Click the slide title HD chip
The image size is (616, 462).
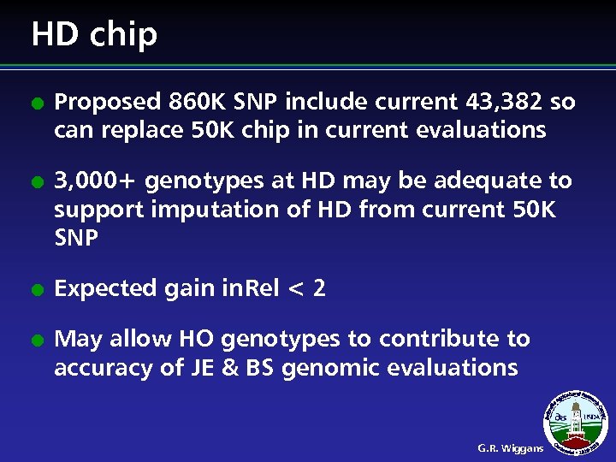94,35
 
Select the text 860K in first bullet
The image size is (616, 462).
198,102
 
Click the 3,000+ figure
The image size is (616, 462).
95,181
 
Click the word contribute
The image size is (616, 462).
444,340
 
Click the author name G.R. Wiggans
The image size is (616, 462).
511,448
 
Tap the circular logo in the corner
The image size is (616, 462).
578,423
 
